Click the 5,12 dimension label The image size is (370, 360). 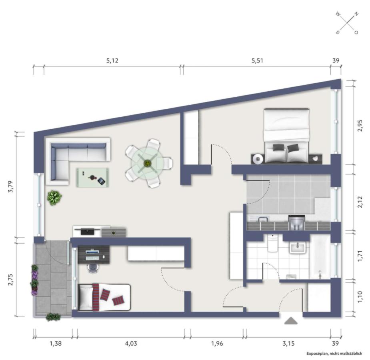(112, 61)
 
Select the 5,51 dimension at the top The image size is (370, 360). (257, 61)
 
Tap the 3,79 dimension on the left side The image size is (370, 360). (11, 187)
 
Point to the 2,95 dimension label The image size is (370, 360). (360, 126)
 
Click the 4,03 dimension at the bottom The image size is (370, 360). (131, 343)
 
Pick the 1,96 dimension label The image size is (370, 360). (217, 343)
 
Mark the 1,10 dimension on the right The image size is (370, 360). (360, 297)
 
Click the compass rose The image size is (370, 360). (347, 23)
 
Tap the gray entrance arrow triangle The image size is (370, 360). (291, 321)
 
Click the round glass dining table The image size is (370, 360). (148, 163)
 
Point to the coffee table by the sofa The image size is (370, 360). (93, 178)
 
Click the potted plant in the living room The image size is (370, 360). (54, 198)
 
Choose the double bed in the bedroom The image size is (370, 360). (286, 136)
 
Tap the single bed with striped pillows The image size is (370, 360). (104, 297)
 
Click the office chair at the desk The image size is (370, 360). (93, 268)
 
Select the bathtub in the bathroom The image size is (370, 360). (320, 257)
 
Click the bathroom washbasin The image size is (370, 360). (298, 248)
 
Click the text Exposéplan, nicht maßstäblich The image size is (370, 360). (334, 353)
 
